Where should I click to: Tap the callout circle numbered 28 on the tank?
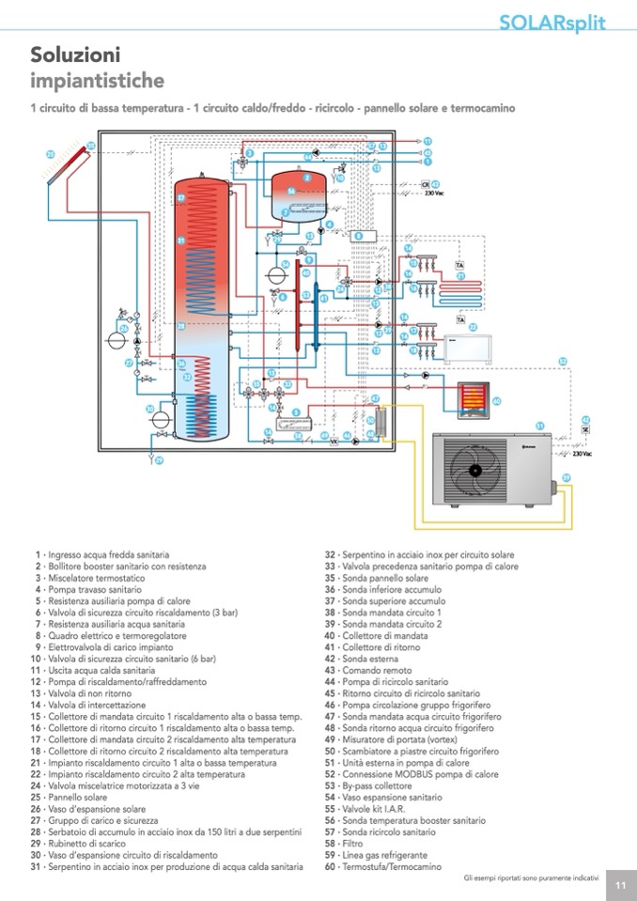coord(181,325)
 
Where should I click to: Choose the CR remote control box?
coord(425,184)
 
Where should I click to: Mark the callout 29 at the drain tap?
coord(158,460)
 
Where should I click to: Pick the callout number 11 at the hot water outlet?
coord(427,140)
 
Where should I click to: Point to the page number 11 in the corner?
coord(620,884)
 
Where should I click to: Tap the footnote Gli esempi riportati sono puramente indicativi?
coord(531,878)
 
